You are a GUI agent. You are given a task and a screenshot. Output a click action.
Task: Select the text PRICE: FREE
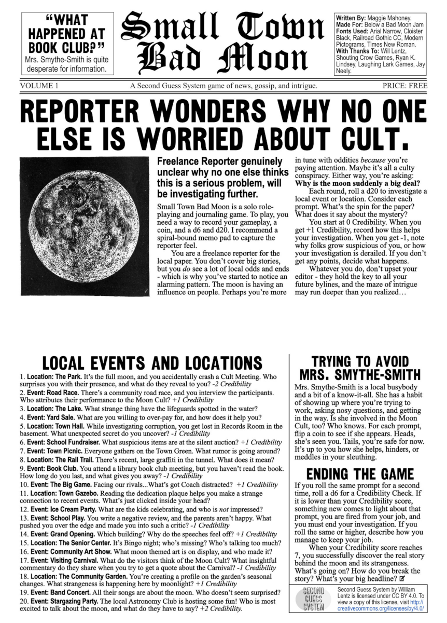point(405,86)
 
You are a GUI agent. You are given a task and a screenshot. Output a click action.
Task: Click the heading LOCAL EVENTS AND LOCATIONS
point(152,363)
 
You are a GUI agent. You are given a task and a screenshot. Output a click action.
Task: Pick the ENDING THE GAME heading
point(360,474)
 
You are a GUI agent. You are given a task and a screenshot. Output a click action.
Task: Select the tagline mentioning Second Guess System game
point(224,86)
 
